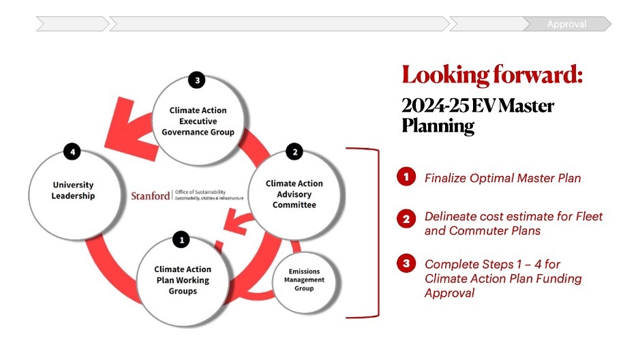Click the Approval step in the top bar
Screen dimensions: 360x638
(566, 25)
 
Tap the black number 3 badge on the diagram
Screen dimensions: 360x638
(197, 80)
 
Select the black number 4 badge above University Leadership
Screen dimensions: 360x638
(72, 151)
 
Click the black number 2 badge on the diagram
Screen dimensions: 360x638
(294, 152)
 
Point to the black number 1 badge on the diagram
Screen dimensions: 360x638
(181, 239)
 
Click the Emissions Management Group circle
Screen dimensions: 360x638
(304, 280)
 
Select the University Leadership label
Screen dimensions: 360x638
(73, 190)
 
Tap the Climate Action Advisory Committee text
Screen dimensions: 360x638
(294, 194)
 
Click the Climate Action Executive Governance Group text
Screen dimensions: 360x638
(198, 121)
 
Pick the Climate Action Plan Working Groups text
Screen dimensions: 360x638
(183, 280)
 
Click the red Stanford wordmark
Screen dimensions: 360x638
(151, 196)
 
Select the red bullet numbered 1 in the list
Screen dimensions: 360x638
(406, 177)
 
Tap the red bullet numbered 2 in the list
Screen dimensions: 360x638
(406, 220)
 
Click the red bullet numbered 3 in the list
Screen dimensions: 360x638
(406, 263)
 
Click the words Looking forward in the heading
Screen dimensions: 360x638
(492, 74)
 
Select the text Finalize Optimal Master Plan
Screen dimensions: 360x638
(502, 179)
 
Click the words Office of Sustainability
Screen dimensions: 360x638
(200, 192)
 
